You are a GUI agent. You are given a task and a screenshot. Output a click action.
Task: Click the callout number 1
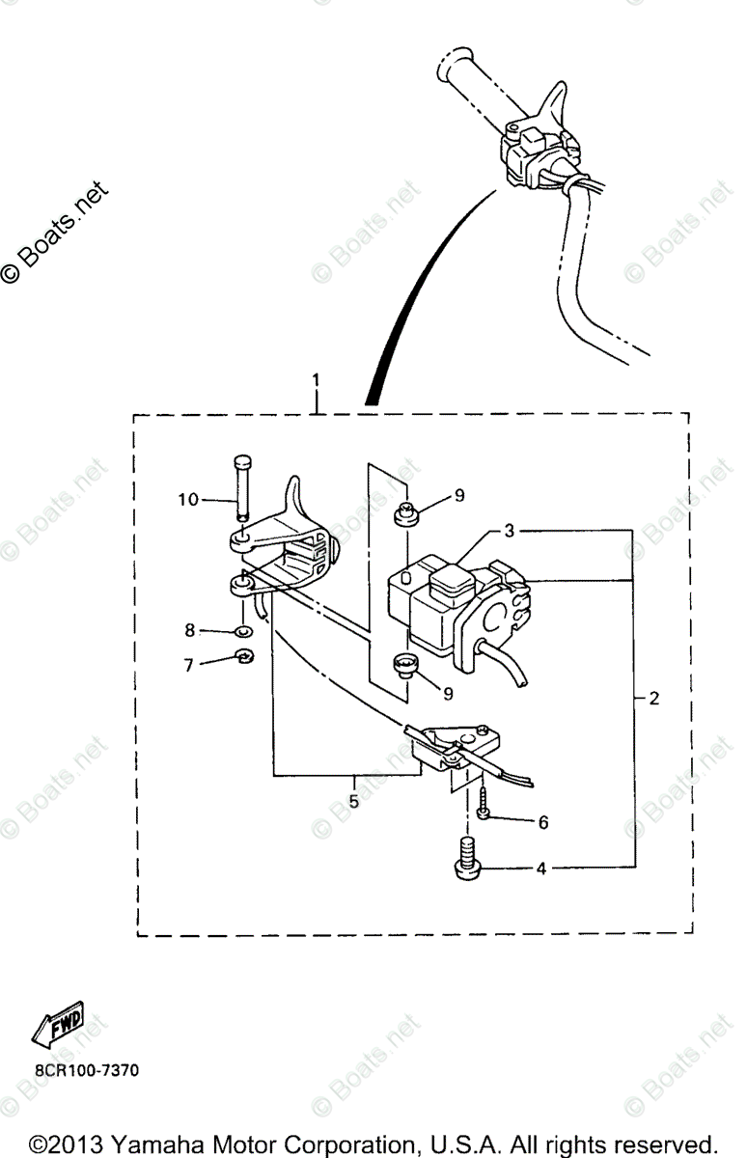(314, 380)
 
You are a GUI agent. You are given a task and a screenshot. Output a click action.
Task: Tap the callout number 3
(508, 531)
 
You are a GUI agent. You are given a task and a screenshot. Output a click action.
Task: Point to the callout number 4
(541, 868)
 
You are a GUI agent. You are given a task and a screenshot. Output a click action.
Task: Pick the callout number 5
(353, 801)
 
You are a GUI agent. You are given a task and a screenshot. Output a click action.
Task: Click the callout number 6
(542, 822)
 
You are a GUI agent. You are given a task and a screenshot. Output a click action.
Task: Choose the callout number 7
(189, 663)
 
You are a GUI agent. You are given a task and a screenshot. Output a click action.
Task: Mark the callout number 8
(189, 630)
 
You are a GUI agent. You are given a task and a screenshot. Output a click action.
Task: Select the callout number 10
(187, 499)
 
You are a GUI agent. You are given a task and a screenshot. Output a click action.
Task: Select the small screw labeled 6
(482, 806)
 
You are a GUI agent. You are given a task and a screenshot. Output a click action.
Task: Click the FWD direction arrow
(58, 1025)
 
